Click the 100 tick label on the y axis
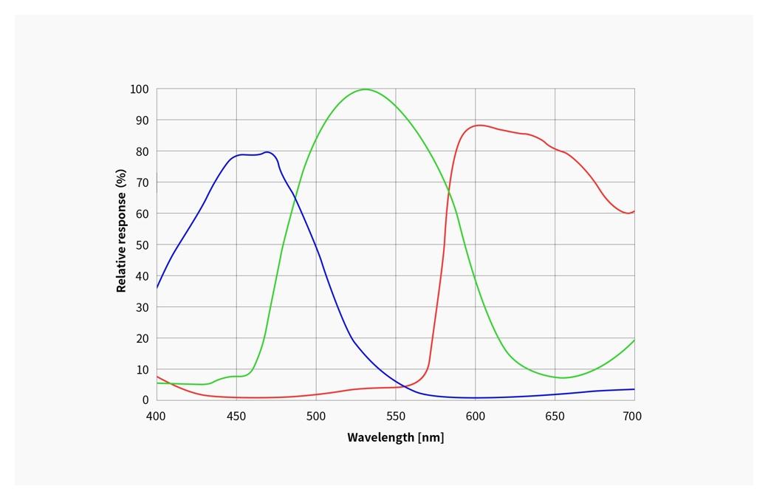[x=140, y=89]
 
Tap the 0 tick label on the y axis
[x=145, y=400]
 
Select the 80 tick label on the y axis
[x=142, y=151]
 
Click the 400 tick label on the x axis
[x=157, y=417]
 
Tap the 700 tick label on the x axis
[x=634, y=417]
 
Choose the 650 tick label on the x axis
[x=555, y=417]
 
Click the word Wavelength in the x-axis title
[x=380, y=437]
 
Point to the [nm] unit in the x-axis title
[x=431, y=437]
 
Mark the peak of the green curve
[x=366, y=89]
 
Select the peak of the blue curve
[x=267, y=152]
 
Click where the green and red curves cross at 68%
[x=448, y=191]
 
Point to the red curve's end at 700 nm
[x=634, y=211]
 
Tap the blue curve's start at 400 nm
[x=157, y=287]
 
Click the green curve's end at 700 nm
[x=634, y=340]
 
